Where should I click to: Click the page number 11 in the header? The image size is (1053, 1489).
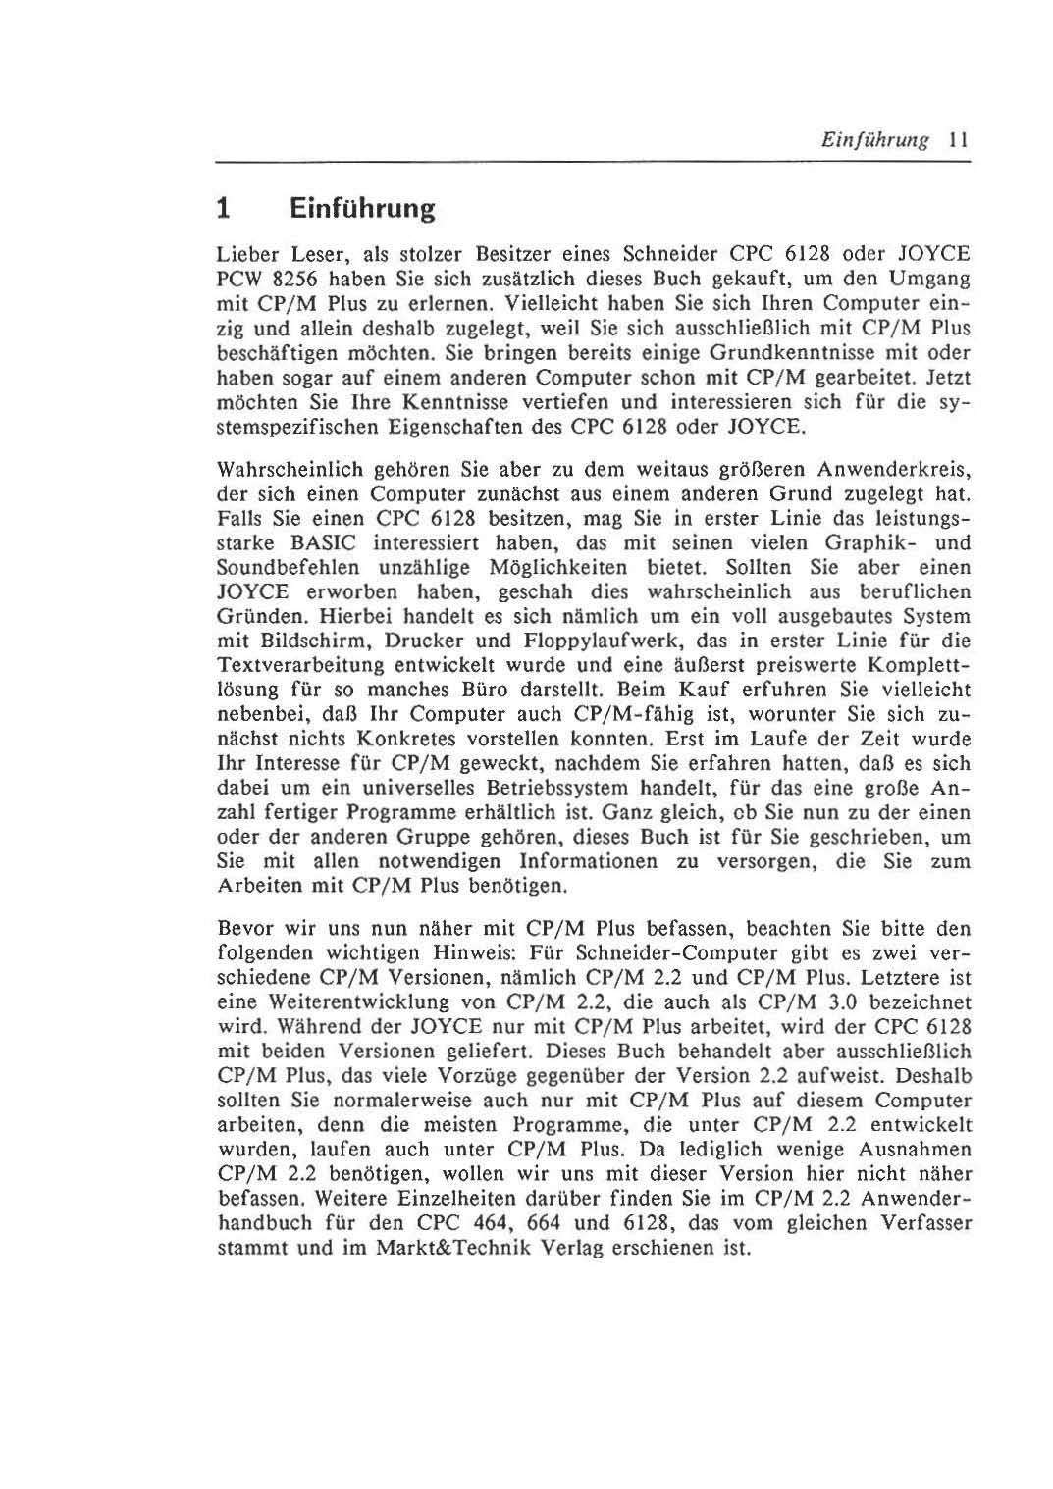[959, 140]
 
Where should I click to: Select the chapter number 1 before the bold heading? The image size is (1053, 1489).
[224, 209]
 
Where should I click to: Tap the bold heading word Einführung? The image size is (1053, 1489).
[361, 209]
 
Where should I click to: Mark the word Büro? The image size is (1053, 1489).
[489, 690]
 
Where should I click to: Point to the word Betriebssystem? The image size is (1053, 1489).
[557, 788]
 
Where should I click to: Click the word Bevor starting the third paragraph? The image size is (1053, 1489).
[242, 928]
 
